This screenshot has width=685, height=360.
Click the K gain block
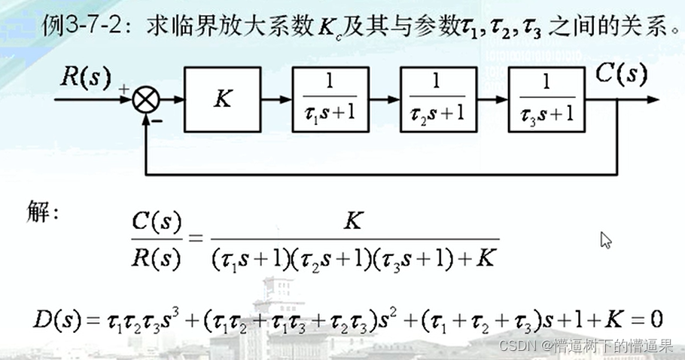click(223, 99)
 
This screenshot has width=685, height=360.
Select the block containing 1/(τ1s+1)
click(331, 99)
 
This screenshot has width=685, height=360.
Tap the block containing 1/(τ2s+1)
click(438, 99)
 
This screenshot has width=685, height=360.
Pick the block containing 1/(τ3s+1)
click(546, 99)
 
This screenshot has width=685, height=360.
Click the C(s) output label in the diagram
click(621, 73)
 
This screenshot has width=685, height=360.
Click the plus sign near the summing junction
click(123, 88)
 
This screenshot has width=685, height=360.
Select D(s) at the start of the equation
click(50, 321)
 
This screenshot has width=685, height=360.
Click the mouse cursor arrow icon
click(605, 239)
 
